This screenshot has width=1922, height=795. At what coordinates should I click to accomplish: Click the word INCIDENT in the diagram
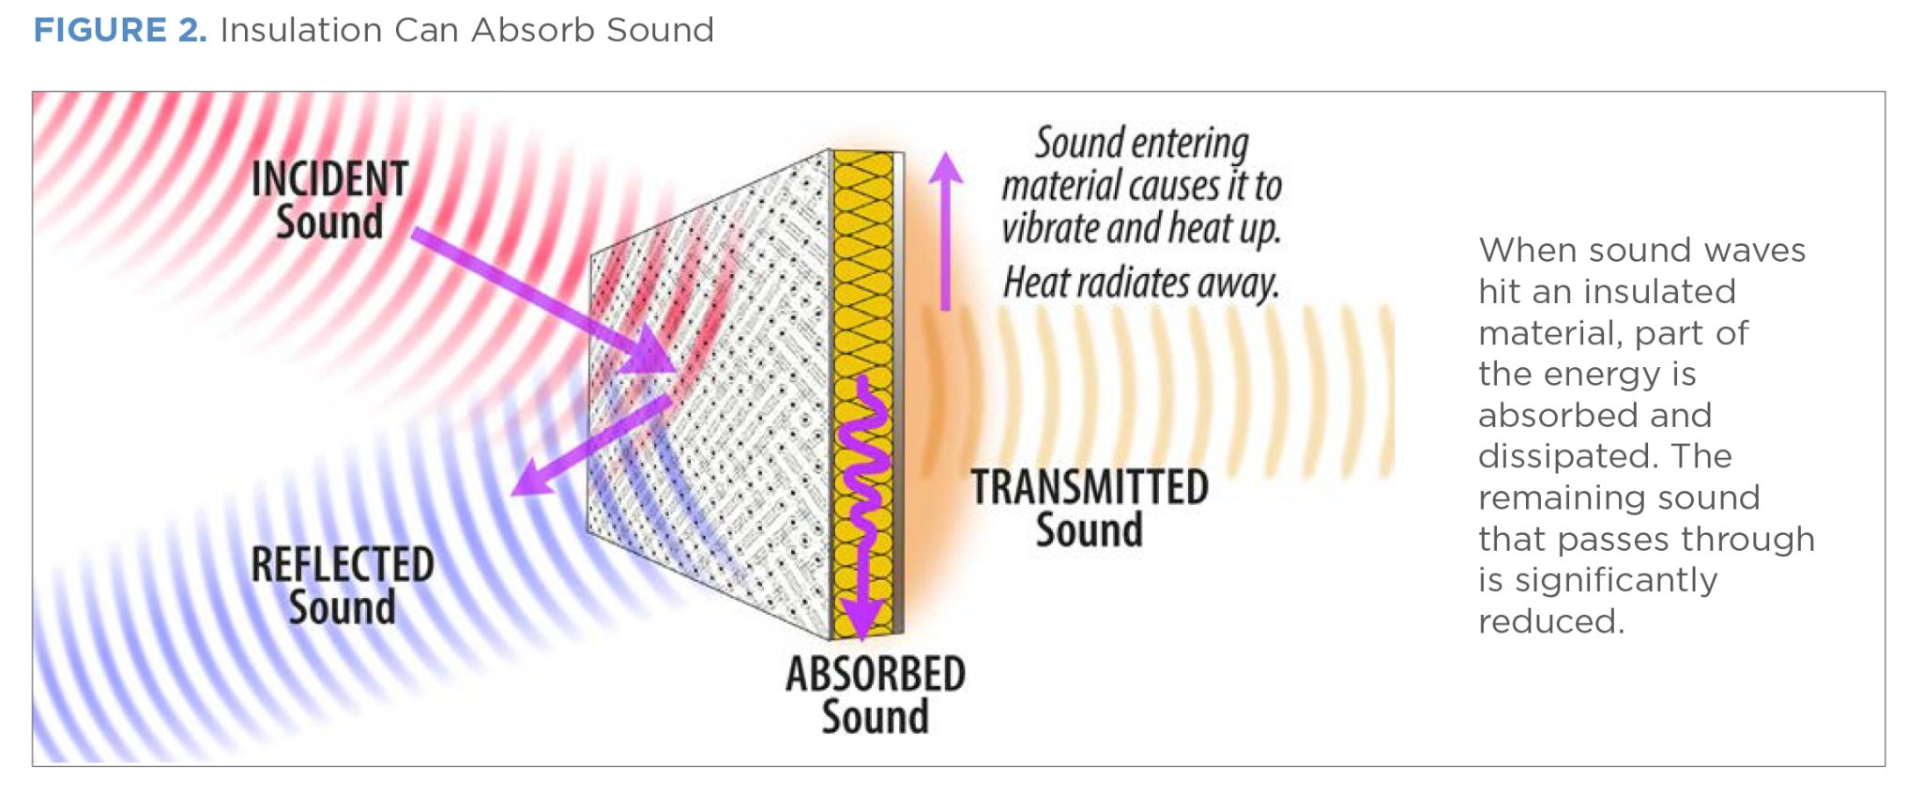pos(329,179)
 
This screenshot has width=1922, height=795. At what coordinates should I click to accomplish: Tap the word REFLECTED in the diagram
pos(343,565)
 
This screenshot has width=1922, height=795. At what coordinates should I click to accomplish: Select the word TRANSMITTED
pos(1090,487)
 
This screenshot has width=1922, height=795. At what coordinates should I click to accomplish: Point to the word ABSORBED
pos(876,674)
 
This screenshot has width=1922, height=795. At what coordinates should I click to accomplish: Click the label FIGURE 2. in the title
pos(120,30)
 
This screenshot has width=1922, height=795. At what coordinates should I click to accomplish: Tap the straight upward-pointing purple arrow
pos(946,231)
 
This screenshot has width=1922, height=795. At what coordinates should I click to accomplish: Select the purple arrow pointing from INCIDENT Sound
pos(544,300)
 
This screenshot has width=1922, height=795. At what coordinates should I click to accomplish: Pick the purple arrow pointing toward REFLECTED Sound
pos(592,445)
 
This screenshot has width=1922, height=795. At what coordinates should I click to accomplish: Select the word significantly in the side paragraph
pos(1616,580)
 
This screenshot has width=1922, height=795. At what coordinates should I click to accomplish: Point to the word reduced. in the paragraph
pos(1551,621)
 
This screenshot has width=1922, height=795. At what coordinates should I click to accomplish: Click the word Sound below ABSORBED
pos(876,717)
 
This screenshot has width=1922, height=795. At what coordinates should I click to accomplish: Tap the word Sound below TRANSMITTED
pos(1090,530)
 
